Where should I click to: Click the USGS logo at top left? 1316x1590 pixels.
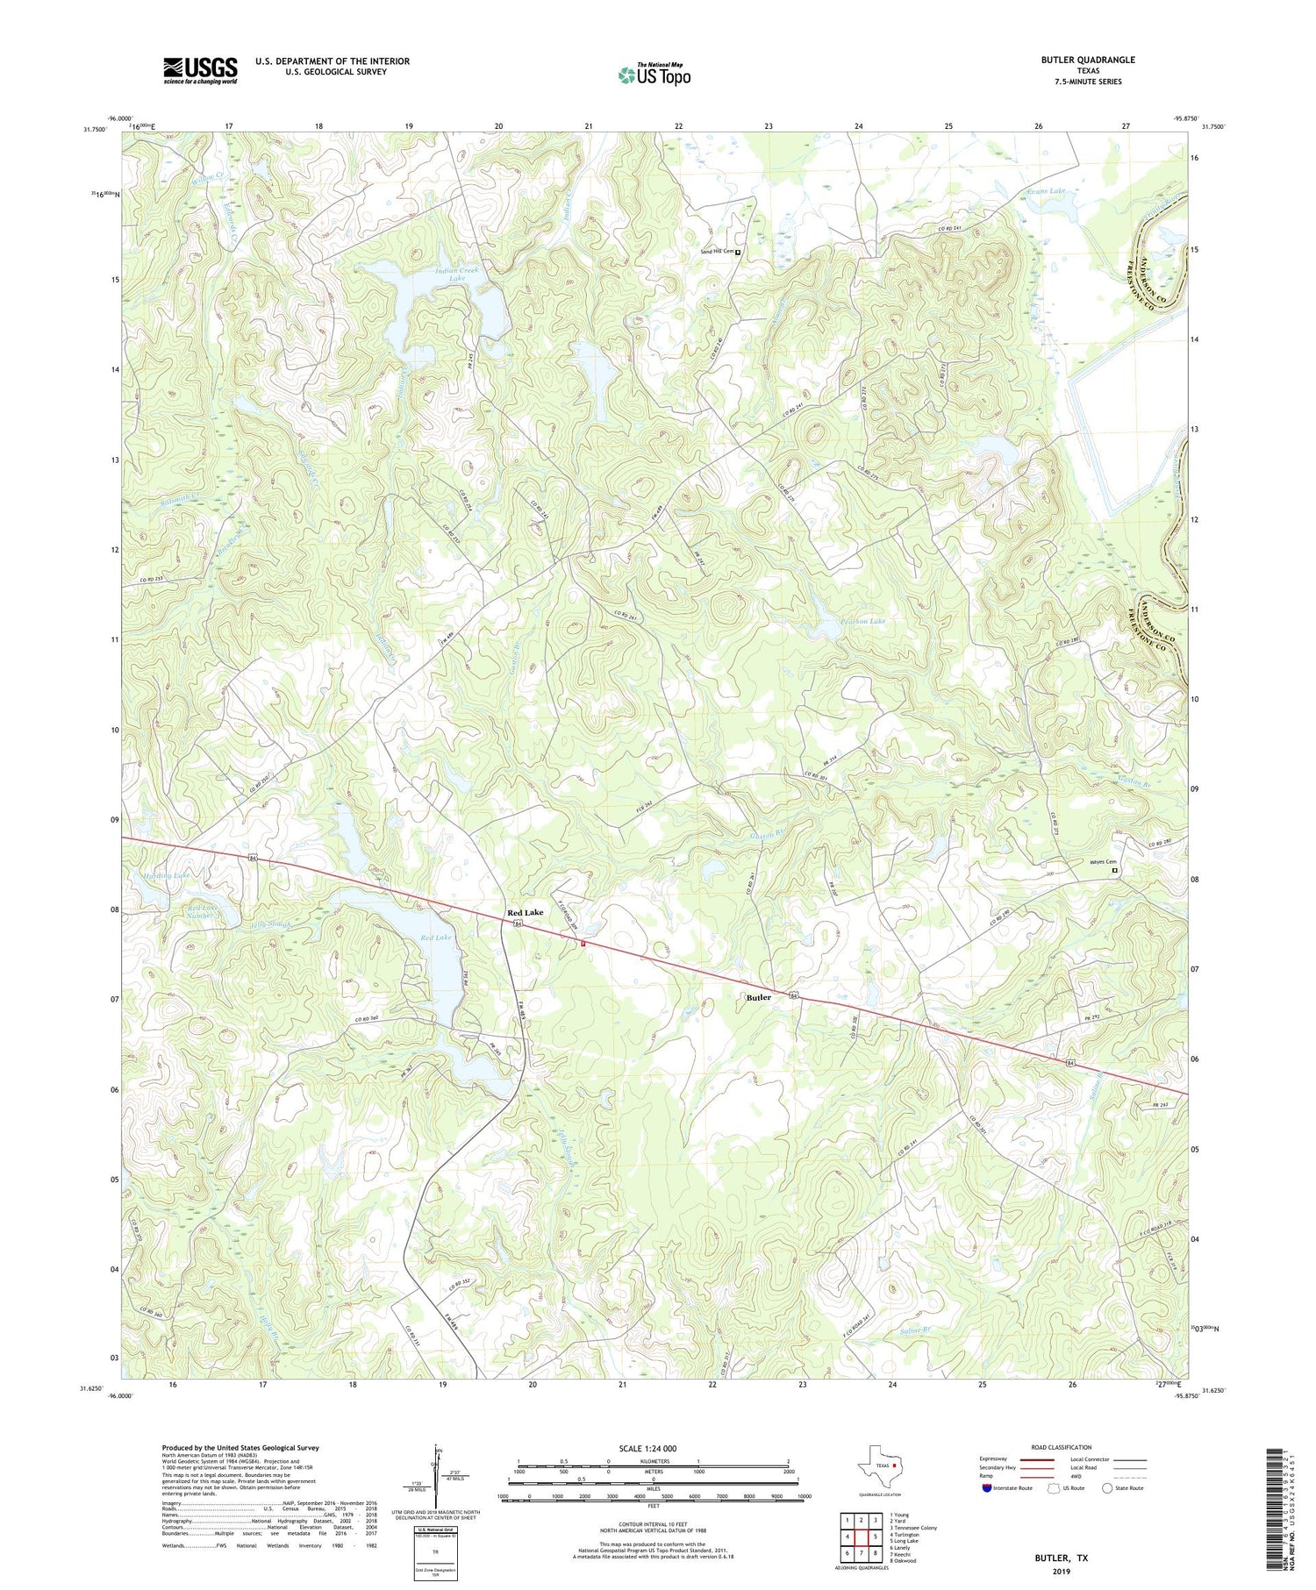pos(200,70)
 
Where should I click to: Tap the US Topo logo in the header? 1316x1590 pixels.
pos(654,75)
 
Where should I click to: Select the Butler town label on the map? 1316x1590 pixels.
pos(758,997)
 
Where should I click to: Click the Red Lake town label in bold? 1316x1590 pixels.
pos(525,913)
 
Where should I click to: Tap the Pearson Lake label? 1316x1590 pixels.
pos(863,621)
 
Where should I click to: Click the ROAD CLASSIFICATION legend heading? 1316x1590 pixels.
pos(1061,1447)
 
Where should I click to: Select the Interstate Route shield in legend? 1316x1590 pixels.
pos(989,1487)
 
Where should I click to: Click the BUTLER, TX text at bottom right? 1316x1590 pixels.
pos(1062,1558)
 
